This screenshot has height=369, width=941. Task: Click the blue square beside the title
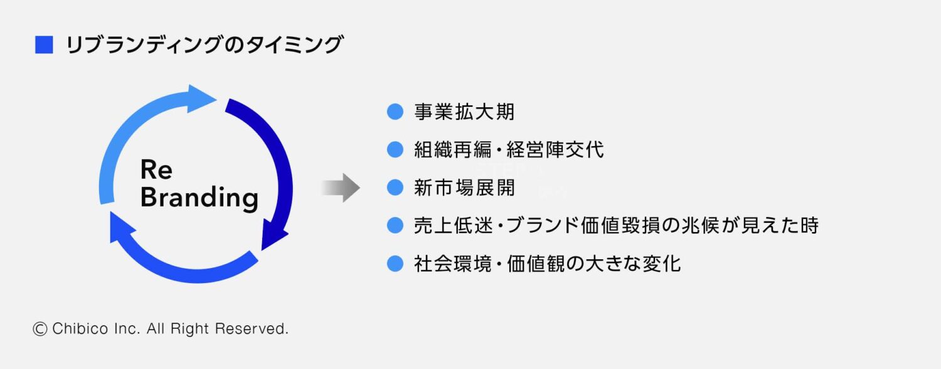[x=44, y=45]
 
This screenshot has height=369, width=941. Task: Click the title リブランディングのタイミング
[x=205, y=45]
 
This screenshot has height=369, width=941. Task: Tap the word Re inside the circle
[x=156, y=169]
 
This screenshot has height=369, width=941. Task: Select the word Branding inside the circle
[x=199, y=198]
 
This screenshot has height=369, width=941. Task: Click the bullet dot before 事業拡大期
[x=395, y=112]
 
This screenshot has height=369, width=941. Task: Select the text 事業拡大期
[x=464, y=112]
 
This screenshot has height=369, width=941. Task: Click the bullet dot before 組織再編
[x=395, y=150]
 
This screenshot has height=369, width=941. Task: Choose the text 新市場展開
[x=464, y=188]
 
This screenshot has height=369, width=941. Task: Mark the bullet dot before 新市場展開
[x=395, y=188]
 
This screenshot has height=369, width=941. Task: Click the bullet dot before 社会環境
[x=395, y=263]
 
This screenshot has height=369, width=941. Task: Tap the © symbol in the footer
[x=40, y=328]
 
